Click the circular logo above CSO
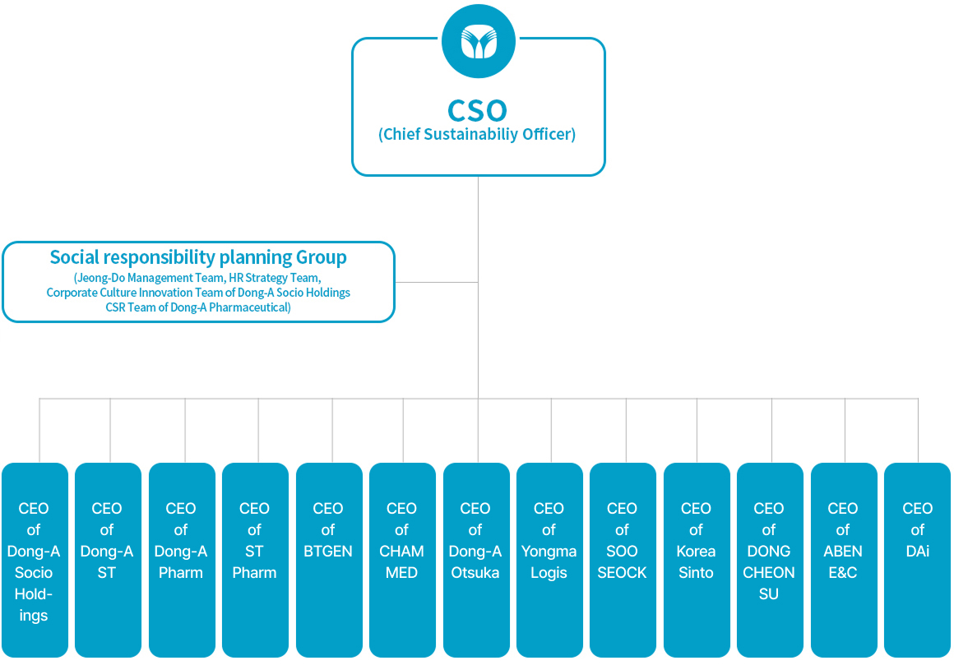point(478,41)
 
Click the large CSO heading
point(478,111)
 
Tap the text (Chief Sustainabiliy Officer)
point(477,134)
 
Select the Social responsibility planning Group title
point(198,257)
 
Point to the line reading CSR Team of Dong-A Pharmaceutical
point(198,307)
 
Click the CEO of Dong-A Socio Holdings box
point(35,560)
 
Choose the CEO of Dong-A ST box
point(108,560)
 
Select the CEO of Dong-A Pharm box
point(182,560)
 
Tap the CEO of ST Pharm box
point(255,560)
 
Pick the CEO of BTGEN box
point(329,560)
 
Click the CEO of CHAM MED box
point(402,560)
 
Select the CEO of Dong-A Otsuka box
point(476,560)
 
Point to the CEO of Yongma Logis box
point(549,560)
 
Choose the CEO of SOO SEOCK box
point(623,560)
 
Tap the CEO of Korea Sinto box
point(697,560)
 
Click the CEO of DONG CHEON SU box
point(770,560)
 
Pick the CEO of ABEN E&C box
point(844,560)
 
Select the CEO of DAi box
point(917,560)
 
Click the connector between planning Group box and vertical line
point(437,282)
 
